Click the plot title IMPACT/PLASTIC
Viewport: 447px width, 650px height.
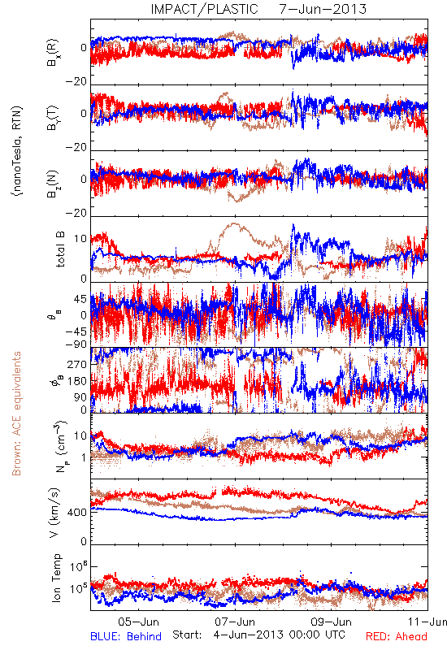point(204,9)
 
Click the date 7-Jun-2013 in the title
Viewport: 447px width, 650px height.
point(323,9)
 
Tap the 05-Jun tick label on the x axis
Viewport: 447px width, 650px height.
point(138,622)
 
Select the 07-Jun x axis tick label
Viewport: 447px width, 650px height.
point(235,622)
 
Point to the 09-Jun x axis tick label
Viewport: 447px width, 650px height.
point(332,622)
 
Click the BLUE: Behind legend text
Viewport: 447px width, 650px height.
point(126,636)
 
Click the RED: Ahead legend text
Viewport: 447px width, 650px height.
point(397,636)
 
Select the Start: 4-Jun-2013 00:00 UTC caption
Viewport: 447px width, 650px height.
point(258,635)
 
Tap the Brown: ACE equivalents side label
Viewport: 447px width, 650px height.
point(16,414)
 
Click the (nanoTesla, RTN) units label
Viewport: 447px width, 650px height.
point(17,151)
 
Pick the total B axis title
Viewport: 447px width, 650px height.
point(60,249)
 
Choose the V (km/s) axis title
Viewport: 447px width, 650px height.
point(54,513)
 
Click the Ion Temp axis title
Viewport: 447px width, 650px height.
point(56,578)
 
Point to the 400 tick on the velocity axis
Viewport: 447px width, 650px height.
point(77,513)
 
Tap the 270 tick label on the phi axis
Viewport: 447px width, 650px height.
point(77,364)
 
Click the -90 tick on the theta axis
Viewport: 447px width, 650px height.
point(76,344)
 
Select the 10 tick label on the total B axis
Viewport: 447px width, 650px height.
point(80,239)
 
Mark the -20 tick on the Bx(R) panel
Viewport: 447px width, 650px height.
point(76,82)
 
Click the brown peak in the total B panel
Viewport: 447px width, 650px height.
point(233,224)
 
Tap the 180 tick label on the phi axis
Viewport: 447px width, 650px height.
point(77,381)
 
